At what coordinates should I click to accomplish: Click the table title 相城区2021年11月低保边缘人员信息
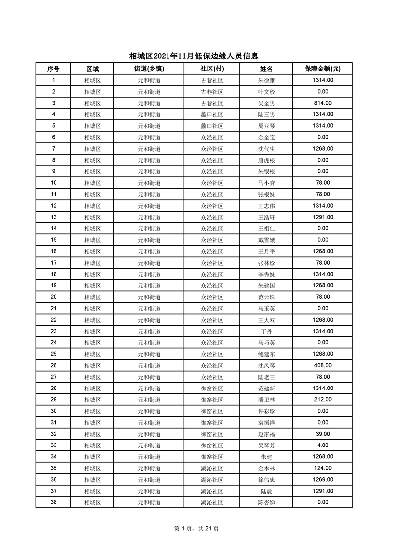click(194, 56)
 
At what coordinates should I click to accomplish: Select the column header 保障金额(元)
click(322, 69)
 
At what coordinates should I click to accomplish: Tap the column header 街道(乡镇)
click(149, 69)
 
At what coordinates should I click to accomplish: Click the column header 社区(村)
click(212, 69)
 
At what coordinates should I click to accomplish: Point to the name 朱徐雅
click(266, 80)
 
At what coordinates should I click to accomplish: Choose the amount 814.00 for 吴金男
click(323, 103)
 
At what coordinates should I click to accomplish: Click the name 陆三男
click(266, 114)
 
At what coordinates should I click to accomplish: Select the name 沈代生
click(266, 149)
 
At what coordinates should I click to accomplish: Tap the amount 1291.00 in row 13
click(323, 217)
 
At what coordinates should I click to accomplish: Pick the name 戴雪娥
click(266, 240)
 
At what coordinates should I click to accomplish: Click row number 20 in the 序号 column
click(54, 297)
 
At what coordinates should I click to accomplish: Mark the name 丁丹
click(266, 331)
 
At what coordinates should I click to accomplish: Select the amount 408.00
click(323, 365)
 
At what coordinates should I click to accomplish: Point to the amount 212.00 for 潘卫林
click(323, 399)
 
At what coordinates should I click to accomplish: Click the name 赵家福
click(266, 434)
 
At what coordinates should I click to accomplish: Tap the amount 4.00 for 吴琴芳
click(323, 445)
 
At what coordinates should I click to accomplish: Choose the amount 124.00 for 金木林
click(323, 468)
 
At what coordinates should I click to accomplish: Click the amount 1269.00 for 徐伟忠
click(323, 479)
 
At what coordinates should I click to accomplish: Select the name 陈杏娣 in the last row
click(266, 502)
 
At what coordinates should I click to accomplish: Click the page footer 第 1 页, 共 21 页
click(196, 528)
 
